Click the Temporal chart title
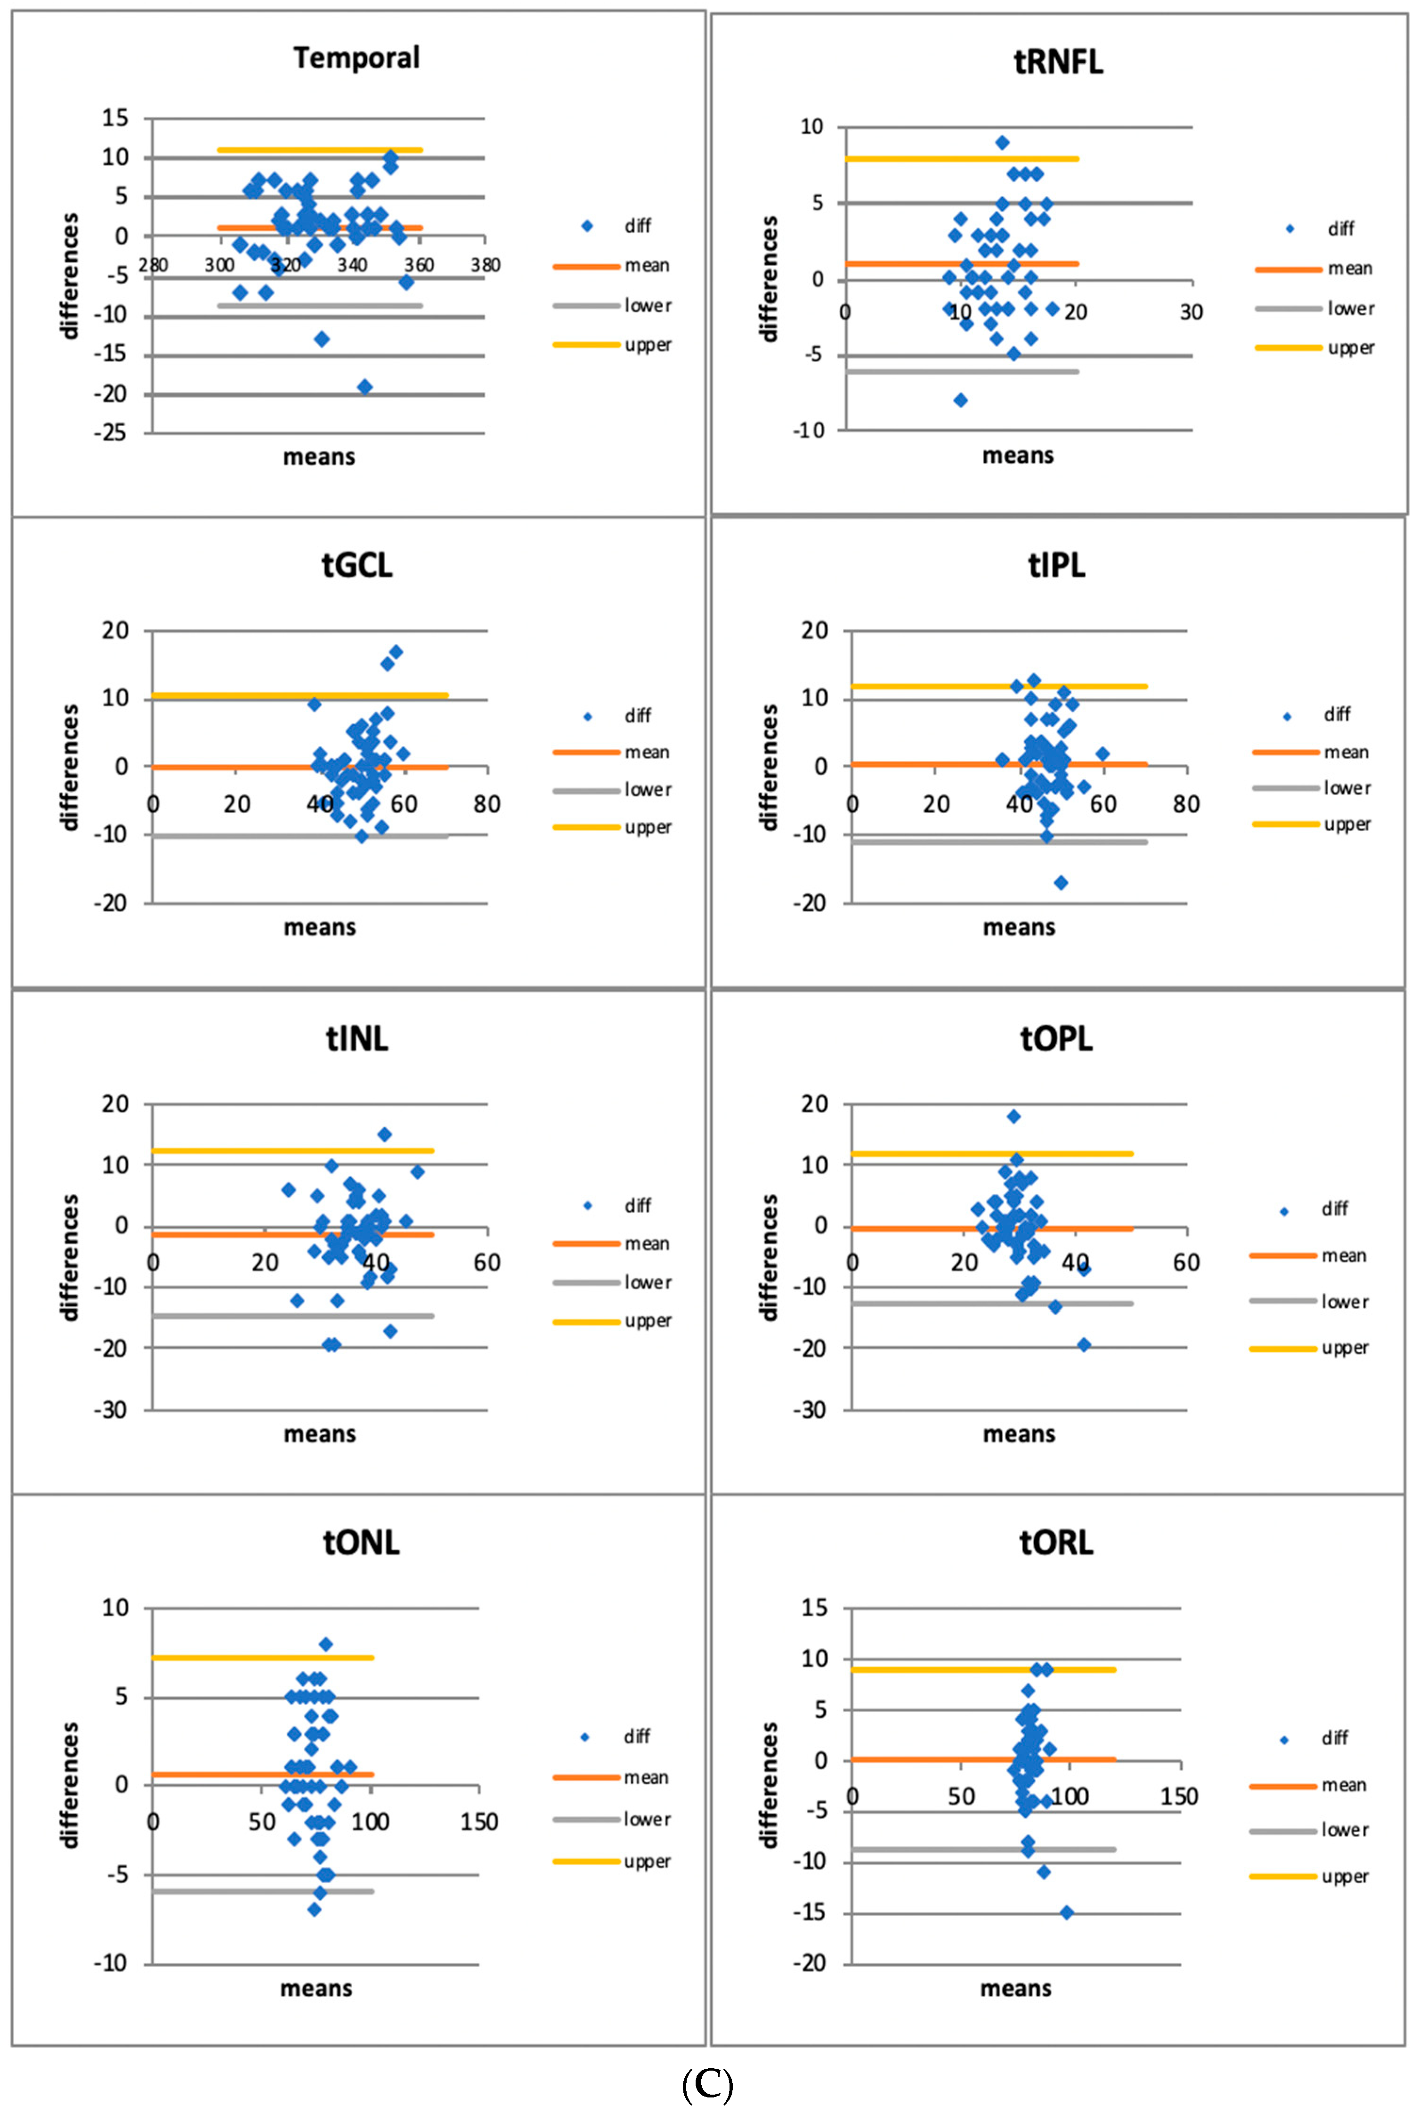coord(357,58)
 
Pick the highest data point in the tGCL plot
coord(396,652)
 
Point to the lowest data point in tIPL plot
coord(1061,882)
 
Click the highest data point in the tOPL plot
coord(1014,1117)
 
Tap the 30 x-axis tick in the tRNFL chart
coord(1191,312)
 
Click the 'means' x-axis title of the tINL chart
coord(319,1434)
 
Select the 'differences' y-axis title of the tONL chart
coord(70,1784)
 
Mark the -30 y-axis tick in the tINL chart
coord(110,1410)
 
